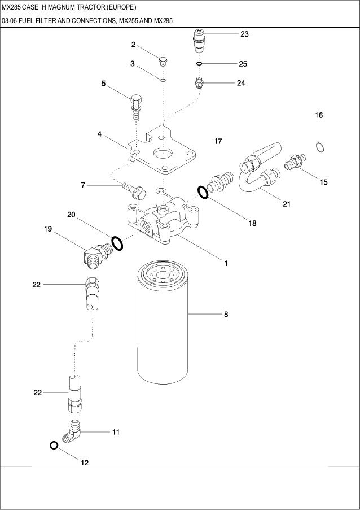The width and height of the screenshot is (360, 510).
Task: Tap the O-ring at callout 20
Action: coord(117,243)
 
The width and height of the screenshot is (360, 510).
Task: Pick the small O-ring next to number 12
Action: coord(54,445)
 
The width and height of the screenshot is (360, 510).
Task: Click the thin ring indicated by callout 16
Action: coord(320,147)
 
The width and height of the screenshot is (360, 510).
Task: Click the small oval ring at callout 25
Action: coord(200,63)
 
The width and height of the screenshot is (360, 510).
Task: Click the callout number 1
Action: coord(226,263)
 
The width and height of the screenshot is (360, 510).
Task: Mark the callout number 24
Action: coord(240,83)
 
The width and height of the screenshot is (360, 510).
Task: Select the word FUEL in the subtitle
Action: coord(27,21)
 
